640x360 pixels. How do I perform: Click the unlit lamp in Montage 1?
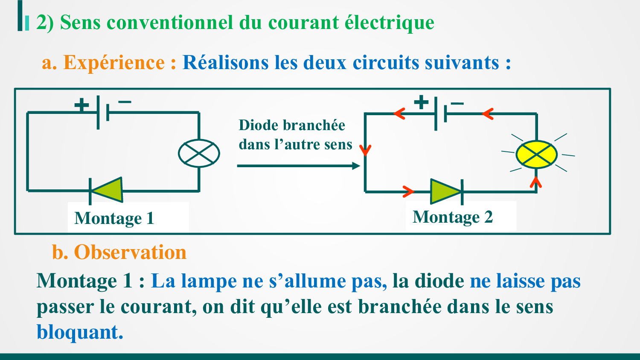tap(199, 153)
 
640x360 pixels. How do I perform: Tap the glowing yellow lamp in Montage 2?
tap(536, 154)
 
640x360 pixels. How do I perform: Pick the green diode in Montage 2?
tap(445, 192)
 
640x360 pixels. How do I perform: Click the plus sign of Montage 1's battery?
tap(81, 105)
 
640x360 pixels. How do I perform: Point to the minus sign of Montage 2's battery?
tap(457, 103)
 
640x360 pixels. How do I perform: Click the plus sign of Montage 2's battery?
tap(421, 102)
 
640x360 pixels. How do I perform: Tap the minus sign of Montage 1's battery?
tap(125, 102)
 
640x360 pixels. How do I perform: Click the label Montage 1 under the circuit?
tap(114, 218)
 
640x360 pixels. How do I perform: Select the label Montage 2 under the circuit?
tap(453, 217)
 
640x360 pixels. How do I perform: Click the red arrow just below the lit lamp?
tap(536, 182)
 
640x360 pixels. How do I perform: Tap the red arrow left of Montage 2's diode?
tap(408, 192)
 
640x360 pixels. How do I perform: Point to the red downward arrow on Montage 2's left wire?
tap(365, 150)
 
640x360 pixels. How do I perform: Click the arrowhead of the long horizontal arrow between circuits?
tap(356, 165)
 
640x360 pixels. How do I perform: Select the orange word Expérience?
tap(114, 63)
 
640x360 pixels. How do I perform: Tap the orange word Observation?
tap(130, 252)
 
